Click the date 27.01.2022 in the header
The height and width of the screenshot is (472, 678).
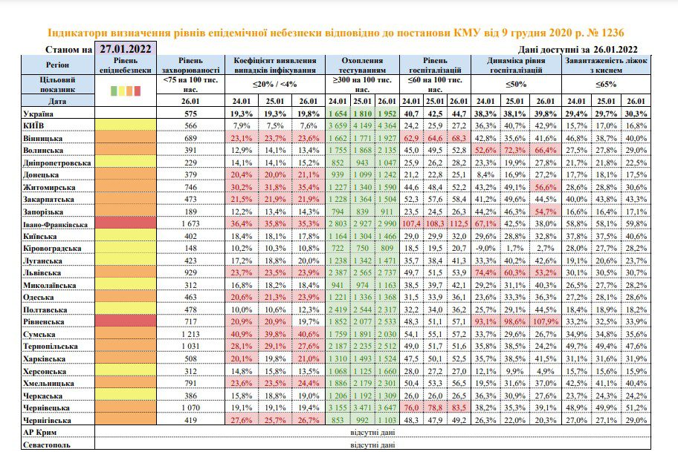pyautogui.click(x=126, y=49)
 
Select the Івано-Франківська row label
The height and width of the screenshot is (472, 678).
pyautogui.click(x=55, y=225)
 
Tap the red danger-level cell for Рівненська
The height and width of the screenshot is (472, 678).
pyautogui.click(x=126, y=321)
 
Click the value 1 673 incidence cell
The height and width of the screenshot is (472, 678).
pyautogui.click(x=190, y=223)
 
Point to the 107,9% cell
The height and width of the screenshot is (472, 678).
pyautogui.click(x=545, y=322)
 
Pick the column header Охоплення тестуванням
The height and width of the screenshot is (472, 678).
pyautogui.click(x=362, y=65)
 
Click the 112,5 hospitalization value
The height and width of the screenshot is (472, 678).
pyautogui.click(x=459, y=223)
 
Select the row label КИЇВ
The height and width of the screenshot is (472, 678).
pyautogui.click(x=33, y=125)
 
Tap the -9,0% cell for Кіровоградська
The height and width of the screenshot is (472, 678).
pyautogui.click(x=485, y=249)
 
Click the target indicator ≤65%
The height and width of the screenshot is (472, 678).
pyautogui.click(x=606, y=84)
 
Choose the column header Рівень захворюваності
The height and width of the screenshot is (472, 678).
pyautogui.click(x=190, y=65)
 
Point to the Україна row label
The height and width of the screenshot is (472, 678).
pyautogui.click(x=38, y=114)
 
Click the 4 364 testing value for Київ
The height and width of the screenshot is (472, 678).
pyautogui.click(x=387, y=125)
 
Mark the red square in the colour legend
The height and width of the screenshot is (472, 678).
pyautogui.click(x=138, y=91)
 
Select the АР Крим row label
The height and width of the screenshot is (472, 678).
pyautogui.click(x=40, y=432)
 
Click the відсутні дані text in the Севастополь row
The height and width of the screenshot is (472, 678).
pyautogui.click(x=372, y=445)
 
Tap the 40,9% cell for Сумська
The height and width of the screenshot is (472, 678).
pyautogui.click(x=242, y=334)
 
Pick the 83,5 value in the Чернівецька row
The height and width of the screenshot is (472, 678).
pyautogui.click(x=459, y=408)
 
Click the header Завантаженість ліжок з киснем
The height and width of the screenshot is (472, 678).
pyautogui.click(x=606, y=65)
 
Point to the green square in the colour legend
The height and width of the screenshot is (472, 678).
pyautogui.click(x=114, y=91)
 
